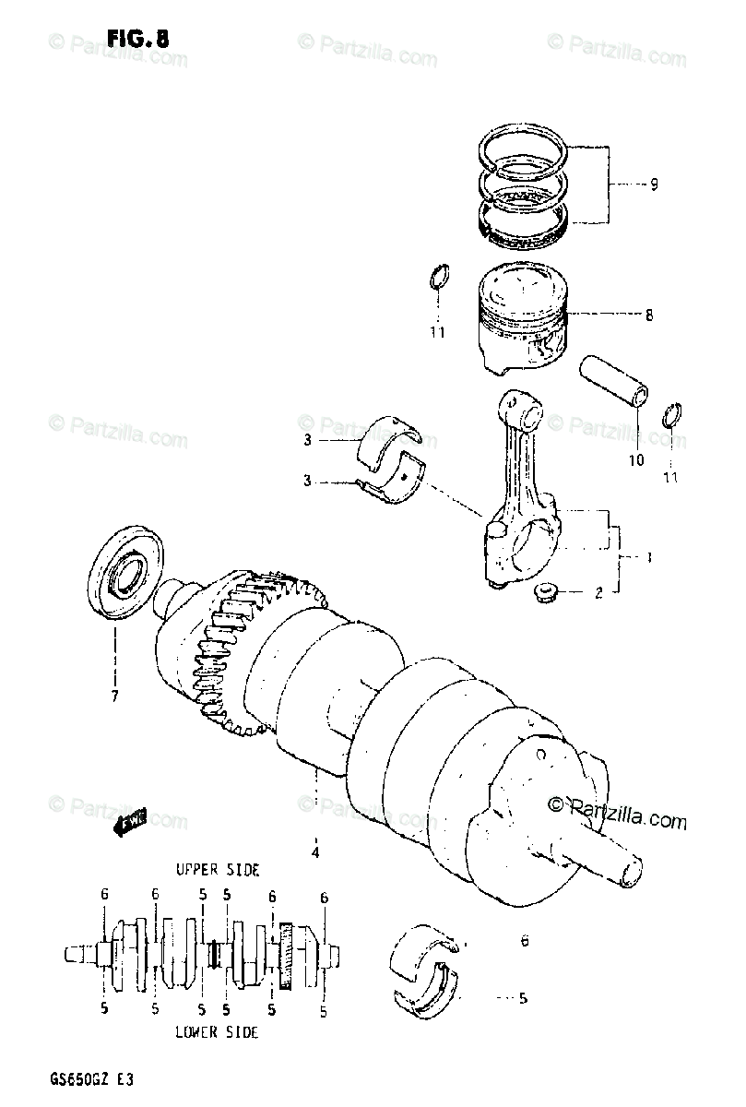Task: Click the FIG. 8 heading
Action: [137, 39]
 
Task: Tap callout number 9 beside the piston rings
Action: [653, 184]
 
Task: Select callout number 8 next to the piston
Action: [649, 315]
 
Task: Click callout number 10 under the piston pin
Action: [636, 459]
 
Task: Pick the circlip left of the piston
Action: [440, 278]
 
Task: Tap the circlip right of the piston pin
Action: [673, 416]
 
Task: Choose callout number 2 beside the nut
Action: [598, 593]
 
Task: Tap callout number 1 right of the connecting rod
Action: [649, 558]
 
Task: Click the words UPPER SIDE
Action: [218, 870]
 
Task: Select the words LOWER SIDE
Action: [217, 1032]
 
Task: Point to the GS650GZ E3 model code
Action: [90, 1077]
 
